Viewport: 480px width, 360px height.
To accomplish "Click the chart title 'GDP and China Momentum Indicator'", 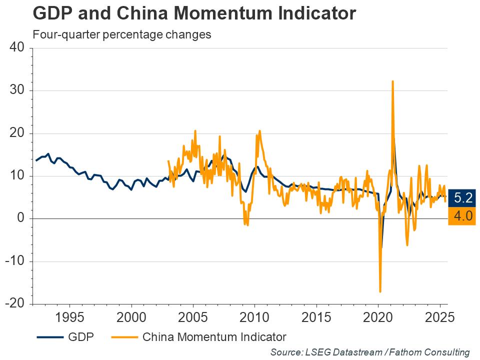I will [194, 13].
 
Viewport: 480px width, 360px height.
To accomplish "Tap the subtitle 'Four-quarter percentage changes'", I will [122, 35].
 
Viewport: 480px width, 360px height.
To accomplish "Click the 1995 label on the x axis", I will [69, 318].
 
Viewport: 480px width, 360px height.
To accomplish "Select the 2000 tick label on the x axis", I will [131, 318].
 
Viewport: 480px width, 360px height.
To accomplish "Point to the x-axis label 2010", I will [254, 318].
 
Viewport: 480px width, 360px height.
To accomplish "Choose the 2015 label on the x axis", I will [316, 318].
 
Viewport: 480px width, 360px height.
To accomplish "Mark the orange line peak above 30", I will [392, 81].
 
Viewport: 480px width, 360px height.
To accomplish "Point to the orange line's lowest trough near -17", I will [380, 291].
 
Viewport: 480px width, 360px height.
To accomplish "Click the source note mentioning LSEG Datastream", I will [370, 352].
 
